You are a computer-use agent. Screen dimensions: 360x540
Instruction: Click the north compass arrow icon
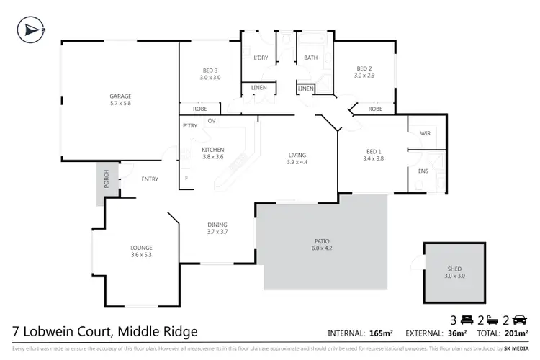tap(29, 30)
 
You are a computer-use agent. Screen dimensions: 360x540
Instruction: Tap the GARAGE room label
tap(120, 96)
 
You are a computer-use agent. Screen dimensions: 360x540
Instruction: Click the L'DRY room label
tap(261, 57)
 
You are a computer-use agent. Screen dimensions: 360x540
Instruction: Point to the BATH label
tap(311, 57)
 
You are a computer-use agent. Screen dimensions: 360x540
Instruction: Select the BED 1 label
tap(373, 151)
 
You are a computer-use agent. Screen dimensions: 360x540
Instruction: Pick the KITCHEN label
tap(213, 149)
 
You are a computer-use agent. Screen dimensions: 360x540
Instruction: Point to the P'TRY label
tap(190, 126)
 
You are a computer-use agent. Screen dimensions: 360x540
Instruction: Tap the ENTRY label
tap(150, 179)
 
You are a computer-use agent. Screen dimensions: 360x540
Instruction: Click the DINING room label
tap(217, 224)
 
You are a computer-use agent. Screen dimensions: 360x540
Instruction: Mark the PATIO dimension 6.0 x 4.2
tap(322, 248)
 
